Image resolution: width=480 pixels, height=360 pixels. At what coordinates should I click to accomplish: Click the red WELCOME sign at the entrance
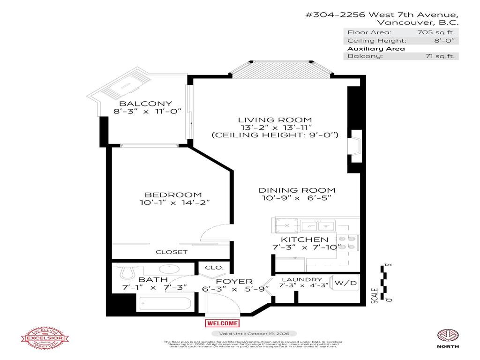222,323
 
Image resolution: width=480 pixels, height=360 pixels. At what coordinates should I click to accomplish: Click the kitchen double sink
317,226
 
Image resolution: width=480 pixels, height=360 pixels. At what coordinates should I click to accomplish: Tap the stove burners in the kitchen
348,242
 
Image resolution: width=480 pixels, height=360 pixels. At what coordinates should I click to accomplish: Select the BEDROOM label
173,195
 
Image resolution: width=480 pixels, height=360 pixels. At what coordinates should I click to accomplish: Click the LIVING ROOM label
274,120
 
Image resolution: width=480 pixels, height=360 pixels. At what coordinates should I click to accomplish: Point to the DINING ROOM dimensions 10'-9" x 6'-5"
297,198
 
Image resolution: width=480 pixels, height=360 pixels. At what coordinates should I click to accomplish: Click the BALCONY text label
139,104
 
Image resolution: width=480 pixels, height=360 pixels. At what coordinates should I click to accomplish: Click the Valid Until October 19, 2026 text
254,333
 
